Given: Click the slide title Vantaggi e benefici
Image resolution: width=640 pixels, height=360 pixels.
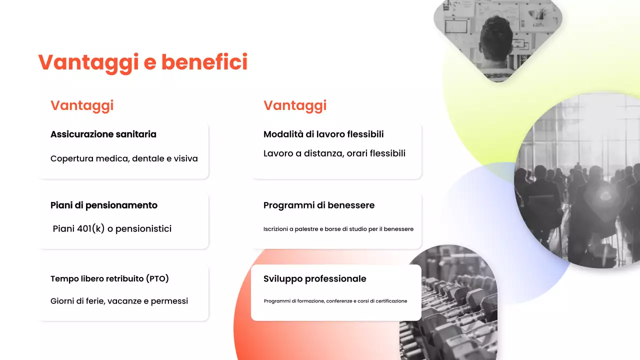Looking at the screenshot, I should point(143,62).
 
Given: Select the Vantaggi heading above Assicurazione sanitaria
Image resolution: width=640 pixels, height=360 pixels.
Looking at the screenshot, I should point(82,105).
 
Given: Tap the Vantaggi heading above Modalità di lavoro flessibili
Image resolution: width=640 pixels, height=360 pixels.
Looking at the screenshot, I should point(295,105).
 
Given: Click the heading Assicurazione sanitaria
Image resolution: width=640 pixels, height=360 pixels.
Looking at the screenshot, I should point(103,134).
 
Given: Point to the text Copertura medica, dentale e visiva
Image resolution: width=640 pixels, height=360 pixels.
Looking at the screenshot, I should point(124,158).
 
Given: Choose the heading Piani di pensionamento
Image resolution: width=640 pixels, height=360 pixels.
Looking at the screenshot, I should point(104,205).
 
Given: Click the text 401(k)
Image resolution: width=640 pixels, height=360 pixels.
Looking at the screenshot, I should point(91,229).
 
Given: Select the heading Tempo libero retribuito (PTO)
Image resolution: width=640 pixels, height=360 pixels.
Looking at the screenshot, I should point(109,278).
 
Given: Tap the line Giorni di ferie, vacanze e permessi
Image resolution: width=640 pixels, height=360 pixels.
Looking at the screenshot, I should point(119,301).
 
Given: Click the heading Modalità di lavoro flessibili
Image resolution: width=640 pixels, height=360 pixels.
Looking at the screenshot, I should point(323,134).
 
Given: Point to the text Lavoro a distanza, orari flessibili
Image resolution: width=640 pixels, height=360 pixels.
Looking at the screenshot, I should point(334,153).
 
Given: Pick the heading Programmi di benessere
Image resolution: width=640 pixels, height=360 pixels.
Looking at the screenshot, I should point(319,205).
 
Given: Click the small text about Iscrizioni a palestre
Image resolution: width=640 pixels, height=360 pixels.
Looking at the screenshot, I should point(338,229).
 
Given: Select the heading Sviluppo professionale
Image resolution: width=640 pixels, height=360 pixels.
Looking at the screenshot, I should point(315,279).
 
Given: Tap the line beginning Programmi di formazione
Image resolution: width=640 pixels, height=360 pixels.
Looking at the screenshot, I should point(335,301).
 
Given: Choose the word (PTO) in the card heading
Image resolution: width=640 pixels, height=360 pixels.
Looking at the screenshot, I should point(157,278).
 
